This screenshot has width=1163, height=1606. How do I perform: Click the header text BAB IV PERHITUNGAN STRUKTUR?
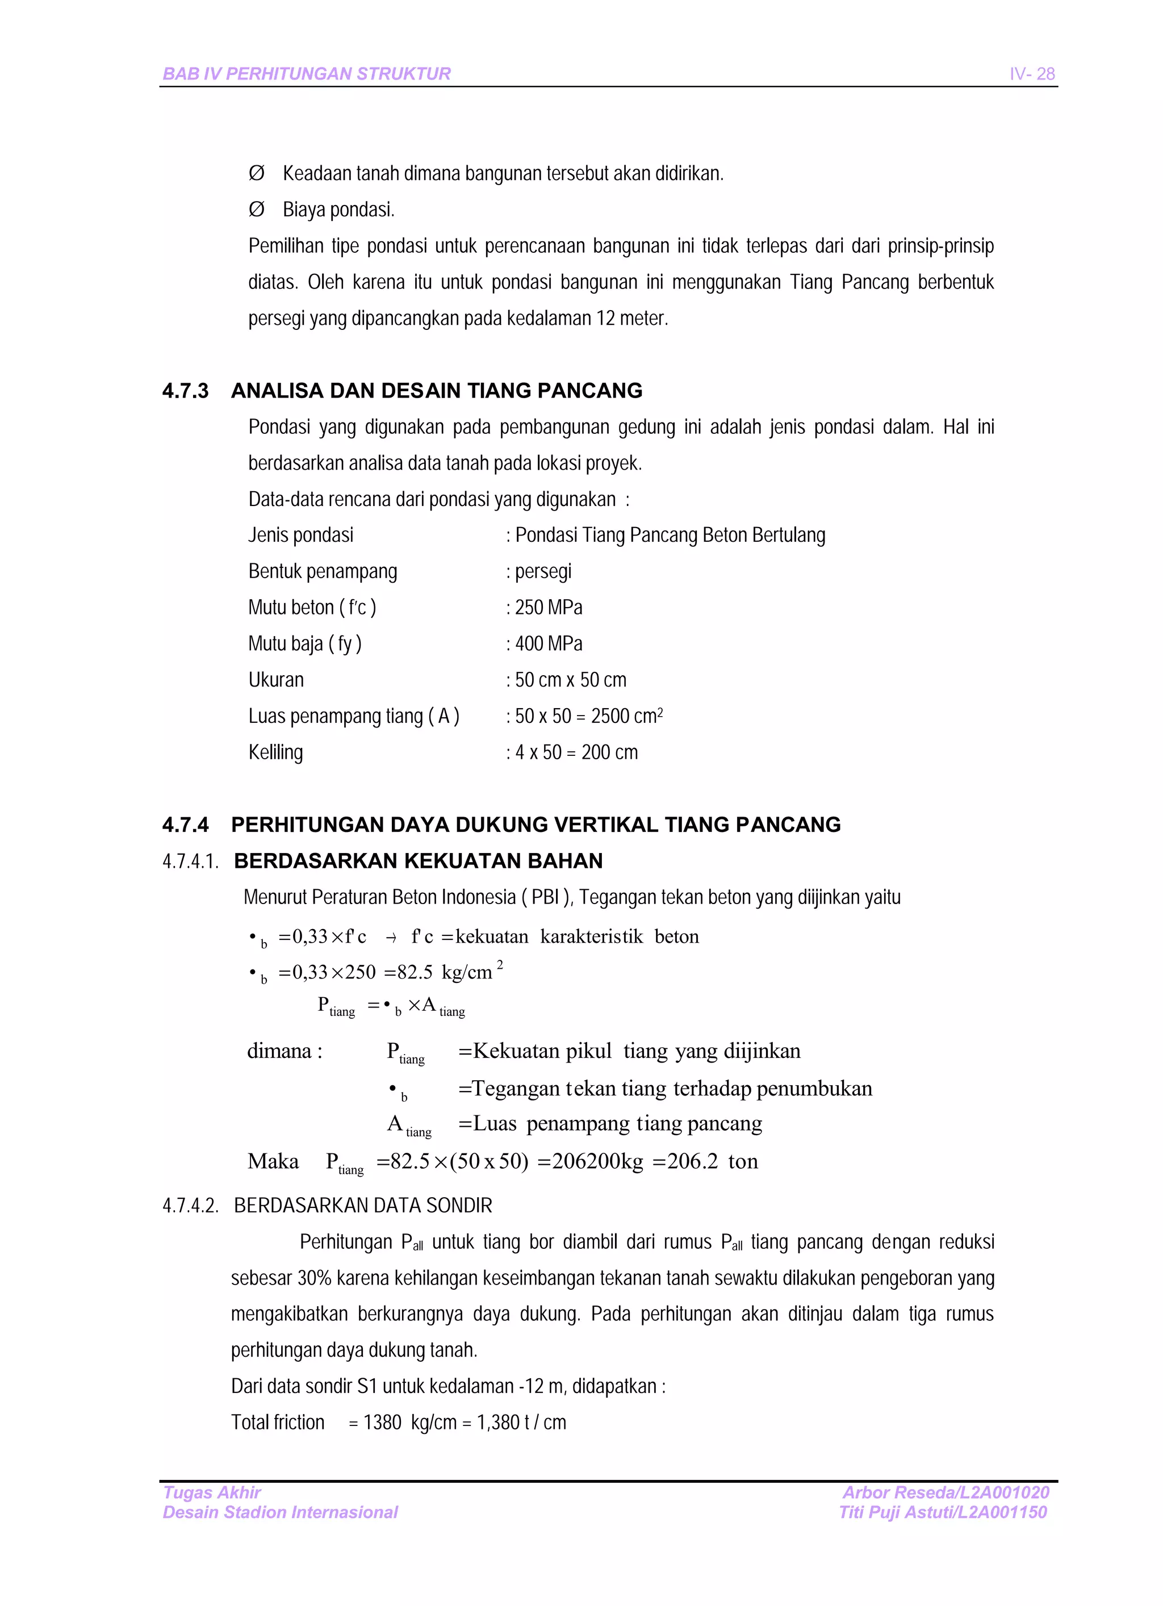(306, 74)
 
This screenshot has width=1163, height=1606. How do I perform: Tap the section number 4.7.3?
(185, 391)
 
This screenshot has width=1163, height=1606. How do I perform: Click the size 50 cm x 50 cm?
(570, 680)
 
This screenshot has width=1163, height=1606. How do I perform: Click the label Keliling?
(275, 752)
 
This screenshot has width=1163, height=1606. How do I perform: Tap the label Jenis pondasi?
(300, 536)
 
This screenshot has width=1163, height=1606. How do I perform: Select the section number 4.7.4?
(185, 825)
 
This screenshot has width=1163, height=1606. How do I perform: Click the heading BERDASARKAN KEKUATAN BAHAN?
(418, 861)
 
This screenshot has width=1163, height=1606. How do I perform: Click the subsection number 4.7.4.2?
(190, 1206)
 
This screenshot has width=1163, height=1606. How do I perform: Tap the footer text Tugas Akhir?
(212, 1492)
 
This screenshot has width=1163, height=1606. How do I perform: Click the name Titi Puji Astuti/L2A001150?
(942, 1512)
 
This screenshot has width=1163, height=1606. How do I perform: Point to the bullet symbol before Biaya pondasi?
(257, 210)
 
